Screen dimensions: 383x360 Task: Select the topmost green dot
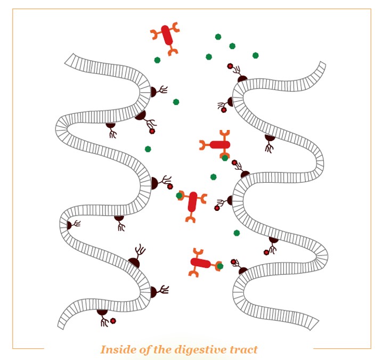[218, 37]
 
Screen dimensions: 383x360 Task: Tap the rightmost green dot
[256, 55]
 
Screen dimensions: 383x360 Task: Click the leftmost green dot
[148, 149]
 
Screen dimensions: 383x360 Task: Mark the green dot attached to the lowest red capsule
[220, 266]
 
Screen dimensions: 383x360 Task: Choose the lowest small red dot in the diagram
[113, 321]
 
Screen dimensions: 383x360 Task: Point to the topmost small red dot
[230, 66]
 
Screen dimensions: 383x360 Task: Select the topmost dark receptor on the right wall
[239, 73]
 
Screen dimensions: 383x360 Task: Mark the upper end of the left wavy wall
[69, 59]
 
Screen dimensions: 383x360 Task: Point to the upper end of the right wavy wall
[322, 65]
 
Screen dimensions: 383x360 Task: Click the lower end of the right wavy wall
[314, 324]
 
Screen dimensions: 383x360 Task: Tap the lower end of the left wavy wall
[61, 324]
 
